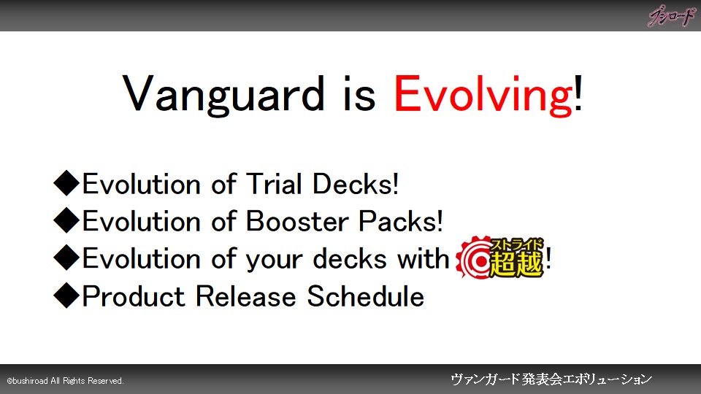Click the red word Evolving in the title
(x=483, y=95)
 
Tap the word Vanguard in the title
(x=223, y=95)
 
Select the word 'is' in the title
(x=359, y=95)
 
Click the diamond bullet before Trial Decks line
(x=66, y=182)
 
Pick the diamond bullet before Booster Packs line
(x=66, y=220)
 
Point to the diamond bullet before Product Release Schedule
(x=66, y=295)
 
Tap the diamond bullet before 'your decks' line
(x=66, y=258)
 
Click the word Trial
(x=274, y=184)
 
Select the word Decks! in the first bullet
(x=356, y=184)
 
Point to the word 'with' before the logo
(x=423, y=258)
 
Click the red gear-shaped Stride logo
(x=501, y=258)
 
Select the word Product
(x=134, y=296)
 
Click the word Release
(x=246, y=296)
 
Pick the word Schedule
(x=366, y=296)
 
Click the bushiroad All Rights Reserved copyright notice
(x=65, y=381)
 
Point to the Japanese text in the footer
(x=551, y=379)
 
